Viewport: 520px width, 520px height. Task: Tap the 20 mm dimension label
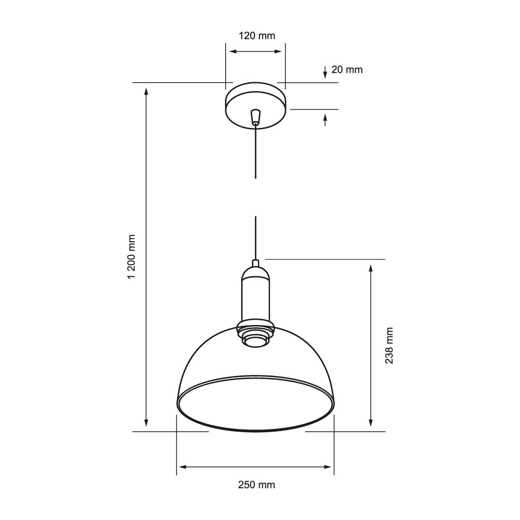(347, 69)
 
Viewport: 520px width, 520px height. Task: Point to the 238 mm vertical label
(389, 345)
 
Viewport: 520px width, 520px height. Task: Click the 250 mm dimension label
(256, 485)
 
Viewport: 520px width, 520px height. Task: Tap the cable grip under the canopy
(255, 117)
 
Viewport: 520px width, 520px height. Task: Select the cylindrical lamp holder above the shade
(255, 296)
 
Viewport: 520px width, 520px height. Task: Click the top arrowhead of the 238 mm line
(370, 268)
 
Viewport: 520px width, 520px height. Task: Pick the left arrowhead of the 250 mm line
(181, 467)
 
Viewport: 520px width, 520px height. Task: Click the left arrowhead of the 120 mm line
(233, 51)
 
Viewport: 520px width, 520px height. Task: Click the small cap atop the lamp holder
(255, 263)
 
